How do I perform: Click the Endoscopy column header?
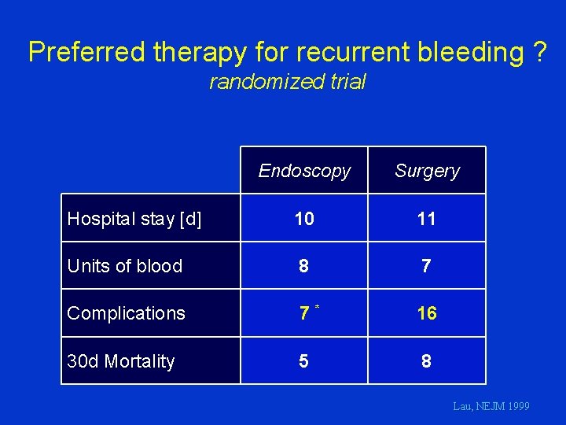coord(304,171)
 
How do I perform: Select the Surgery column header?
coord(427,171)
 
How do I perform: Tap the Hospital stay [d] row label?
coord(134,219)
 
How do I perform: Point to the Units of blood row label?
coord(125,266)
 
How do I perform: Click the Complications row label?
coord(126,313)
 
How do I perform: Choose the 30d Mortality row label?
coord(121,361)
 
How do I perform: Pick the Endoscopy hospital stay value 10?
coord(304,219)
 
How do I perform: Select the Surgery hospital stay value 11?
coord(427,219)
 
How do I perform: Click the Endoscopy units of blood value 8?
coord(303,266)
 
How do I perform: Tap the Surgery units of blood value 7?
coord(427,266)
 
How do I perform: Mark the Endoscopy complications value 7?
coord(303,313)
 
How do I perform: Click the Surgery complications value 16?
coord(427,313)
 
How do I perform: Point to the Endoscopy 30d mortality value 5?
coord(303,361)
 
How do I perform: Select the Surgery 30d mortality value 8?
coord(427,361)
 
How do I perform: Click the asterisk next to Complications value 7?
coord(317,305)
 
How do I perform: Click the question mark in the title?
coord(538,52)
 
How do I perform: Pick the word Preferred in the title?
coord(87,52)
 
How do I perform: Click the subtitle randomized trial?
coord(288,82)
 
